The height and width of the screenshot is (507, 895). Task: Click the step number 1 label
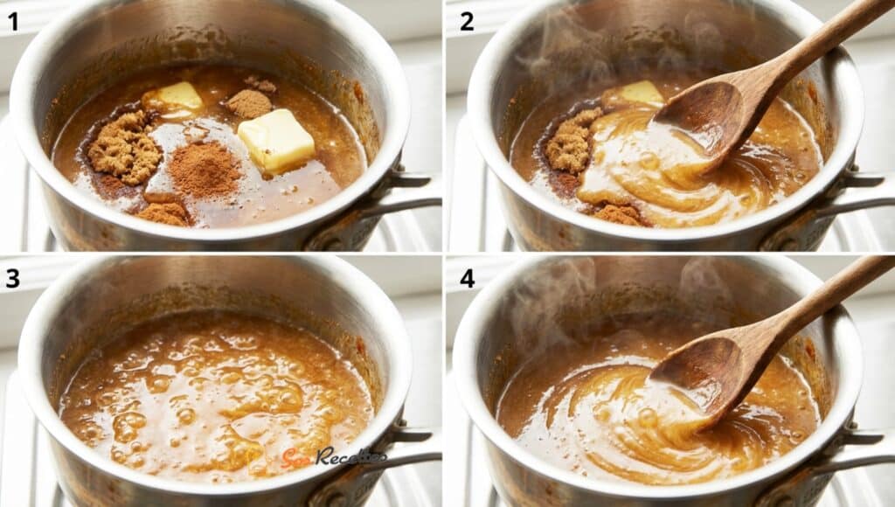(13, 21)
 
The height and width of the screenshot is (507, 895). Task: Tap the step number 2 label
(468, 21)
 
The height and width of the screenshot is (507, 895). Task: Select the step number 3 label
(13, 278)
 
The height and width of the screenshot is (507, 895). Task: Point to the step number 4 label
(468, 278)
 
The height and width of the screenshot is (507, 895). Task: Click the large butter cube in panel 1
(276, 140)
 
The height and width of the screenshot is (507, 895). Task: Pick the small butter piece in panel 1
(181, 96)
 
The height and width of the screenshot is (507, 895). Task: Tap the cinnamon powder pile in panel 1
(204, 170)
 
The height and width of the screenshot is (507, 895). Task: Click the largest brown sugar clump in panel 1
(125, 147)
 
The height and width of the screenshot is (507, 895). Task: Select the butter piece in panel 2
(642, 93)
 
